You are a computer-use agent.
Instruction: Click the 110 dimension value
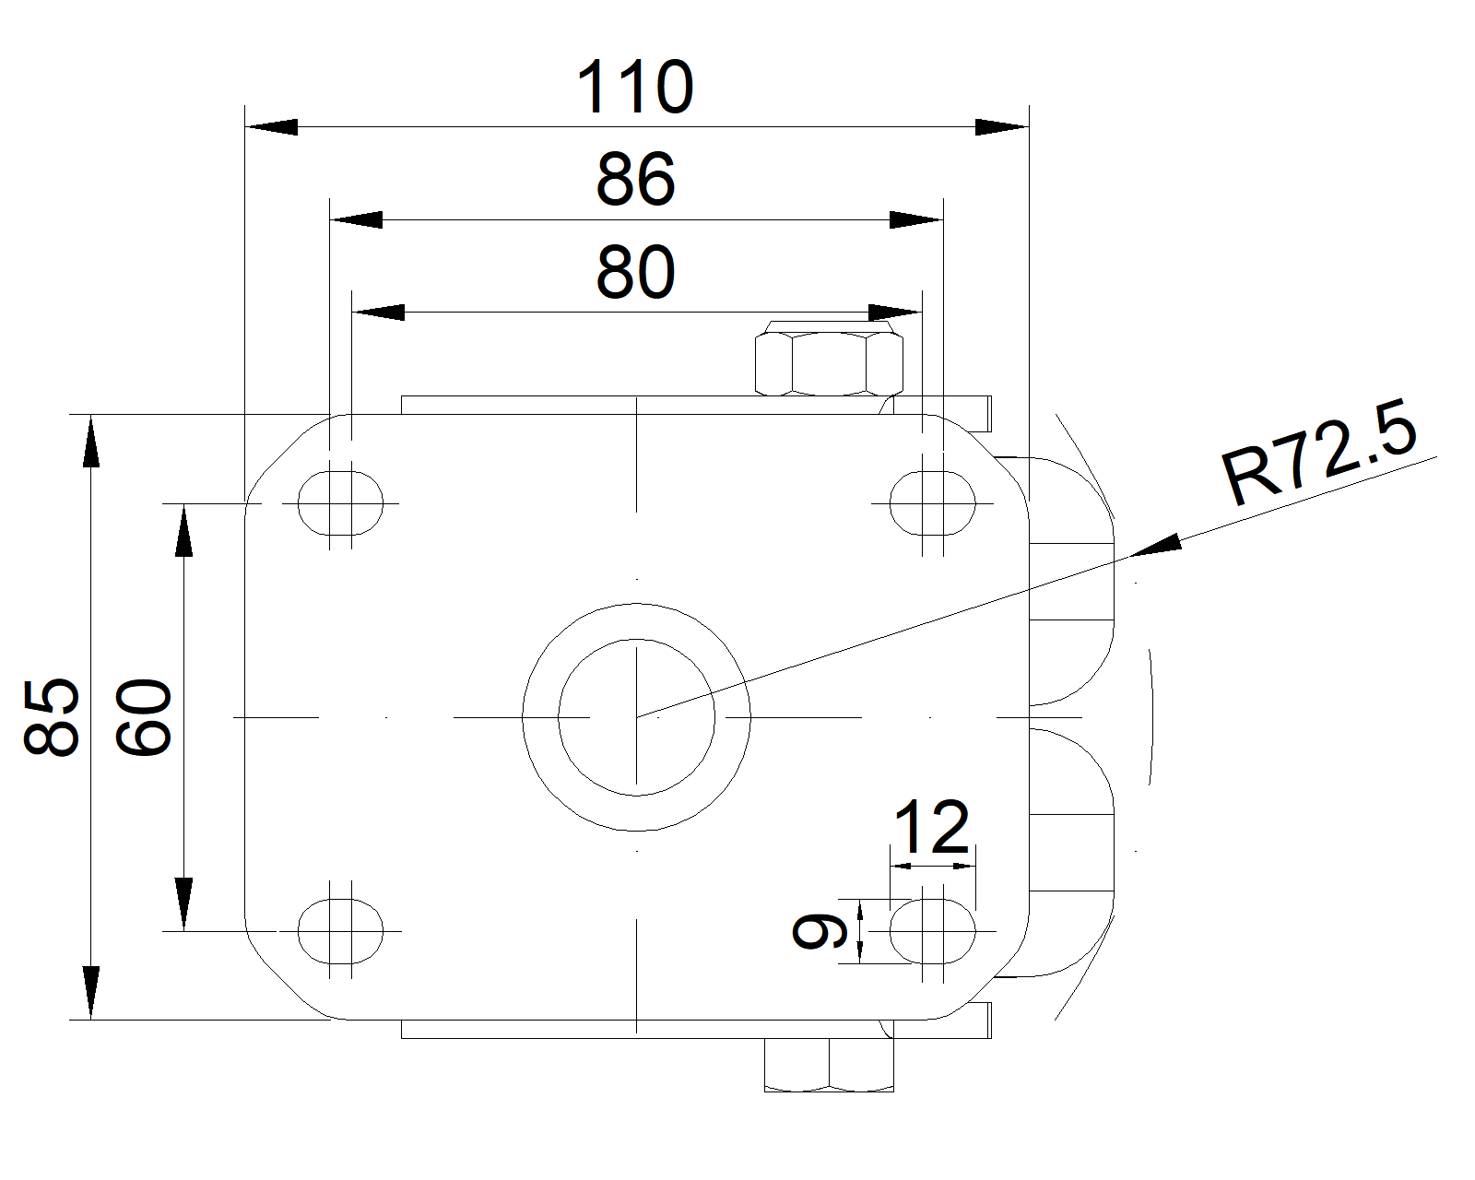[x=634, y=87]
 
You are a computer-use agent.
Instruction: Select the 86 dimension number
[x=635, y=180]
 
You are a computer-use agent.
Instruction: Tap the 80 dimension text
[x=635, y=273]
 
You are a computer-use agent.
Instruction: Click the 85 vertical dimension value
[x=51, y=717]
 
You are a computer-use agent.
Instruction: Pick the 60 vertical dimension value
[x=144, y=717]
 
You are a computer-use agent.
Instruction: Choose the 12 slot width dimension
[x=932, y=827]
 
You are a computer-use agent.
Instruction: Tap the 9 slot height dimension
[x=819, y=931]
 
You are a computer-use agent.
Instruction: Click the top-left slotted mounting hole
[x=340, y=503]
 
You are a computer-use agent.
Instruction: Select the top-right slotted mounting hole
[x=932, y=503]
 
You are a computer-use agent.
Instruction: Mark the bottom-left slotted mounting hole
[x=340, y=931]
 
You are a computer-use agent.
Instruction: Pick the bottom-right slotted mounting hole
[x=932, y=931]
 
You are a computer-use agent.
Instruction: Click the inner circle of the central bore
[x=636, y=717]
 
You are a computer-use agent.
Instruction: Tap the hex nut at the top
[x=828, y=364]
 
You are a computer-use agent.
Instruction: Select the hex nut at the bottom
[x=829, y=1066]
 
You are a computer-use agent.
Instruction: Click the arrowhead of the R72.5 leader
[x=1157, y=546]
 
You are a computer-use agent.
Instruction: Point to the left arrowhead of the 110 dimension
[x=271, y=127]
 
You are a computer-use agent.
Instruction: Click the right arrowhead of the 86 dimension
[x=916, y=220]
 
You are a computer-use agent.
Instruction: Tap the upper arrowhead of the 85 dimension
[x=90, y=442]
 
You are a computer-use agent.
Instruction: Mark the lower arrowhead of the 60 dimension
[x=183, y=903]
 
